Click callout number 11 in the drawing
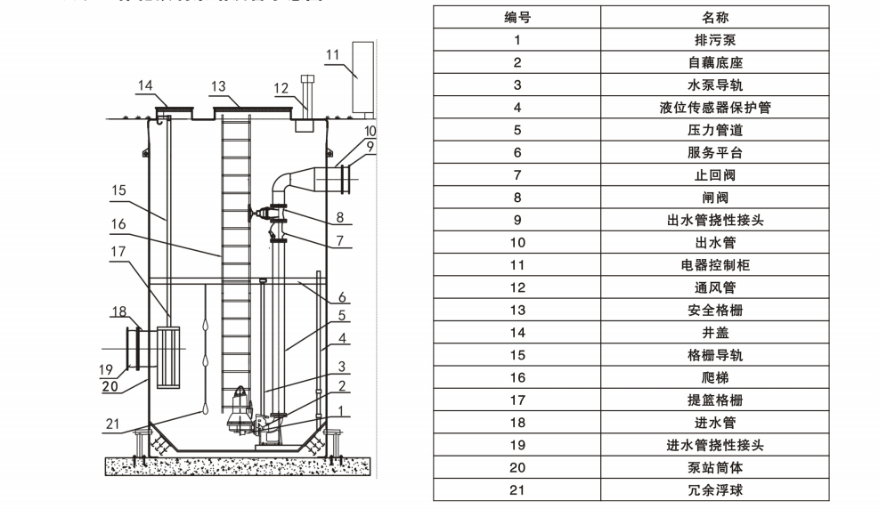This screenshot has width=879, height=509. click(x=332, y=54)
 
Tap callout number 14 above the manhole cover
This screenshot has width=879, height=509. click(x=145, y=85)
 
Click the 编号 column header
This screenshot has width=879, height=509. click(x=517, y=17)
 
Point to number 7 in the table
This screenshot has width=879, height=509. click(x=517, y=175)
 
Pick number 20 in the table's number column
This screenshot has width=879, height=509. click(x=517, y=467)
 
